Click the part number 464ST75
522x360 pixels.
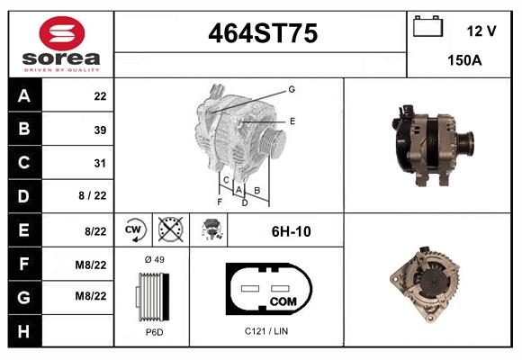[x=262, y=34]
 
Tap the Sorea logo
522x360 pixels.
[x=59, y=44]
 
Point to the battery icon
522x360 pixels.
[x=427, y=28]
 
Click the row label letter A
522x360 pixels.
[x=24, y=96]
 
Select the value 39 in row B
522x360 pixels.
[x=100, y=130]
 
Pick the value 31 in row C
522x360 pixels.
[x=100, y=164]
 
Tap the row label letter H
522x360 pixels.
[x=24, y=331]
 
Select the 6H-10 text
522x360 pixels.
[x=291, y=231]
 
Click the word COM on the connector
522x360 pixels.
[x=283, y=301]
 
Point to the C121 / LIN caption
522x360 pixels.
[x=267, y=332]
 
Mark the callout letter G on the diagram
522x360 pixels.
[x=292, y=89]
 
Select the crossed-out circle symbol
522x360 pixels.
[x=168, y=229]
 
